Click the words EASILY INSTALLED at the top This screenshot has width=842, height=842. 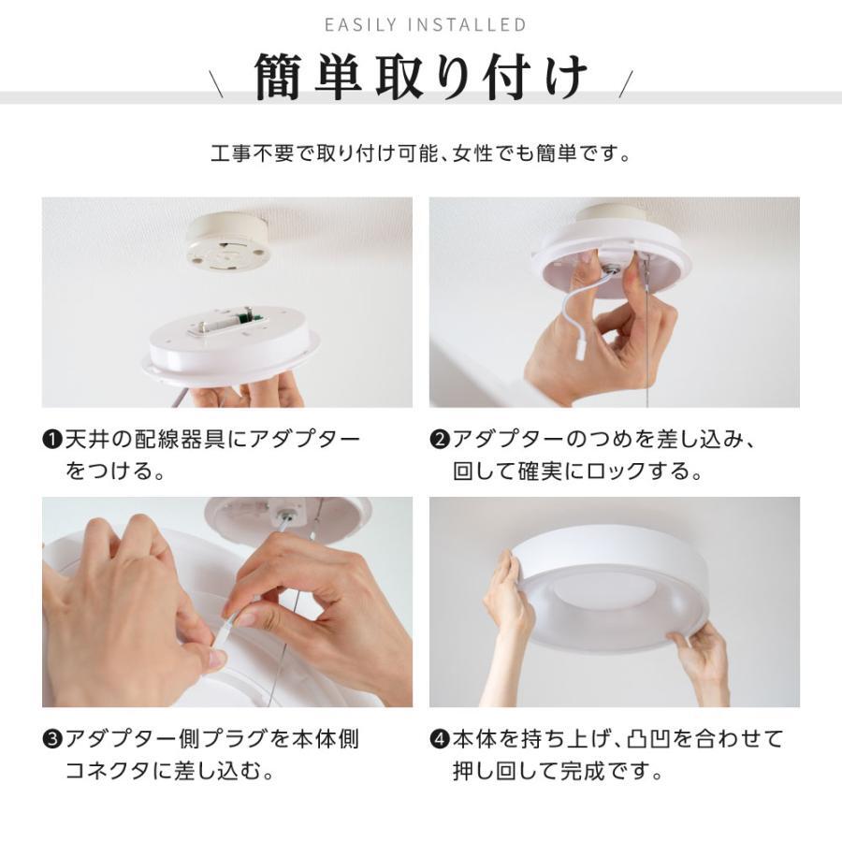click(x=426, y=25)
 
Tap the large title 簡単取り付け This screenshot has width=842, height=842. click(x=422, y=77)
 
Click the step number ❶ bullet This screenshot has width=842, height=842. click(x=52, y=441)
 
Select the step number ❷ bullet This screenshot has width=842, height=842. click(x=440, y=441)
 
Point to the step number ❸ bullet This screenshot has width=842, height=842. click(x=52, y=740)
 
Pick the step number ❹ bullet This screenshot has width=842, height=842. click(x=440, y=740)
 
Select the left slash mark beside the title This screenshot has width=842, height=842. click(x=216, y=84)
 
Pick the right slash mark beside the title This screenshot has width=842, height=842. click(x=626, y=84)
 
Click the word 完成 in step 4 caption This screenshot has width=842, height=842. click(x=583, y=771)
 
